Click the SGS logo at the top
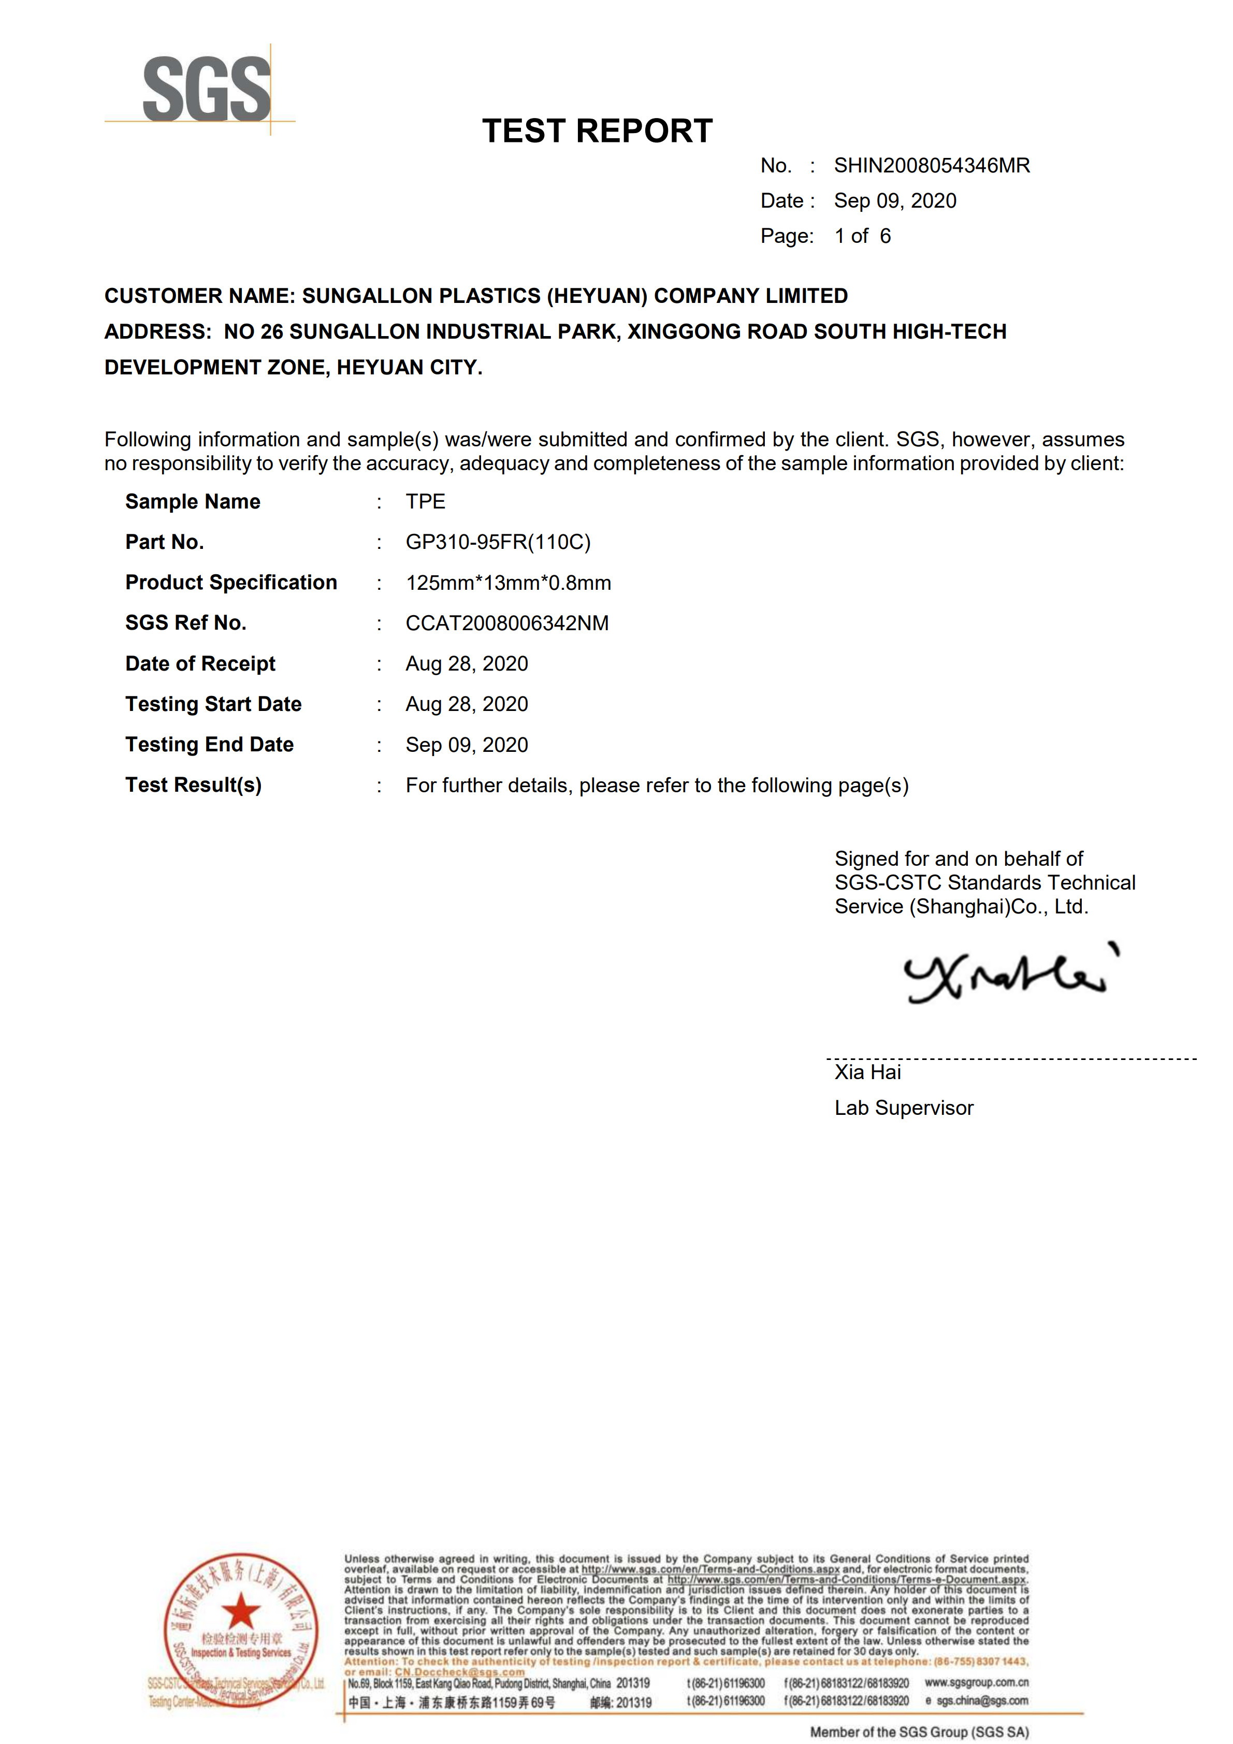click(x=206, y=90)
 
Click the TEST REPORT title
click(x=597, y=130)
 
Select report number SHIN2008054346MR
click(x=932, y=166)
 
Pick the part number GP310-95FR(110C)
click(x=498, y=542)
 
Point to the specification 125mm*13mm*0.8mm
click(x=508, y=583)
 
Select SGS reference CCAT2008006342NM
click(x=507, y=623)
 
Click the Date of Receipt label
click(x=200, y=664)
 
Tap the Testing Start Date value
click(x=467, y=704)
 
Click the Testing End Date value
click(x=467, y=745)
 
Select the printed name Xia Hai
click(x=867, y=1072)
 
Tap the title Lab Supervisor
click(x=903, y=1108)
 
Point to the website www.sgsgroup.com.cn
click(x=976, y=1682)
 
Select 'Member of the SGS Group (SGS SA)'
click(x=919, y=1733)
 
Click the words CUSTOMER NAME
click(x=199, y=296)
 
